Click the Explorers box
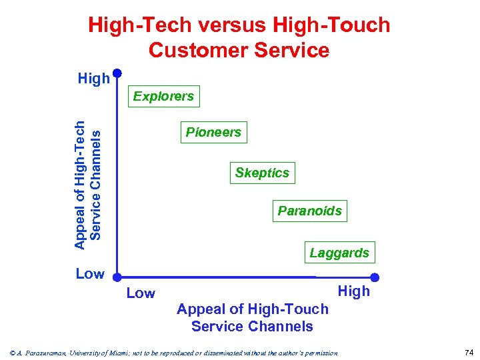tap(163, 97)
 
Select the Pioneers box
tap(213, 133)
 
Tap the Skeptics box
tap(262, 173)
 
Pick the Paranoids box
tap(309, 211)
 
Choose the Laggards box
tap(339, 253)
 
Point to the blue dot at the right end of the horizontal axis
tap(375, 277)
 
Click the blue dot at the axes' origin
tap(117, 275)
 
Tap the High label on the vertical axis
tap(93, 79)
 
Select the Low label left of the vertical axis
tap(90, 274)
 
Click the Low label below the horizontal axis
tap(141, 293)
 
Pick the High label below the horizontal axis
tap(353, 291)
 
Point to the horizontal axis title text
tap(252, 318)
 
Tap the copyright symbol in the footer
tap(7, 353)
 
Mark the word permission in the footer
tap(321, 353)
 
